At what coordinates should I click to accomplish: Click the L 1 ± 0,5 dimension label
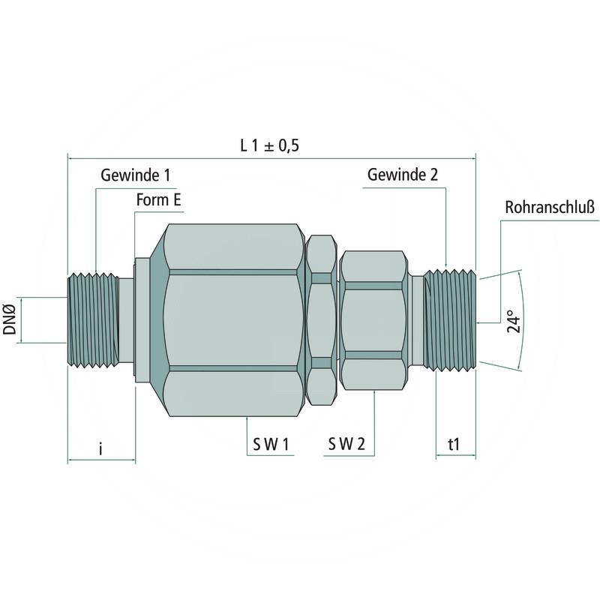pyautogui.click(x=269, y=145)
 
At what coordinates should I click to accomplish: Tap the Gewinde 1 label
pyautogui.click(x=135, y=175)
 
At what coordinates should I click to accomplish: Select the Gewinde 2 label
pyautogui.click(x=403, y=175)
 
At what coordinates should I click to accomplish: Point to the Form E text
pyautogui.click(x=158, y=200)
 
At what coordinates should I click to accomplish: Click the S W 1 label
pyautogui.click(x=271, y=445)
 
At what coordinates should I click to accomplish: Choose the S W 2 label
pyautogui.click(x=346, y=445)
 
